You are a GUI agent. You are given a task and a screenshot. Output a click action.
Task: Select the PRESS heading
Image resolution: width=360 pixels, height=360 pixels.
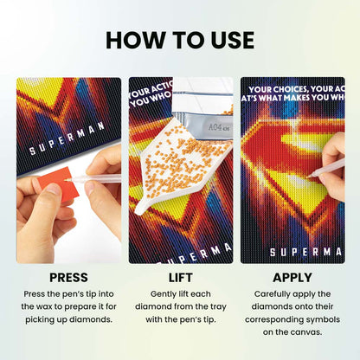click(68, 278)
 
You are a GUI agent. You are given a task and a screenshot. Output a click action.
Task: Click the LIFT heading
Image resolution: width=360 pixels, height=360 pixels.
click(180, 278)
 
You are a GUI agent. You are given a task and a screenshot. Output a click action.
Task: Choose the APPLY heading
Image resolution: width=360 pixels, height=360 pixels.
click(292, 278)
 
